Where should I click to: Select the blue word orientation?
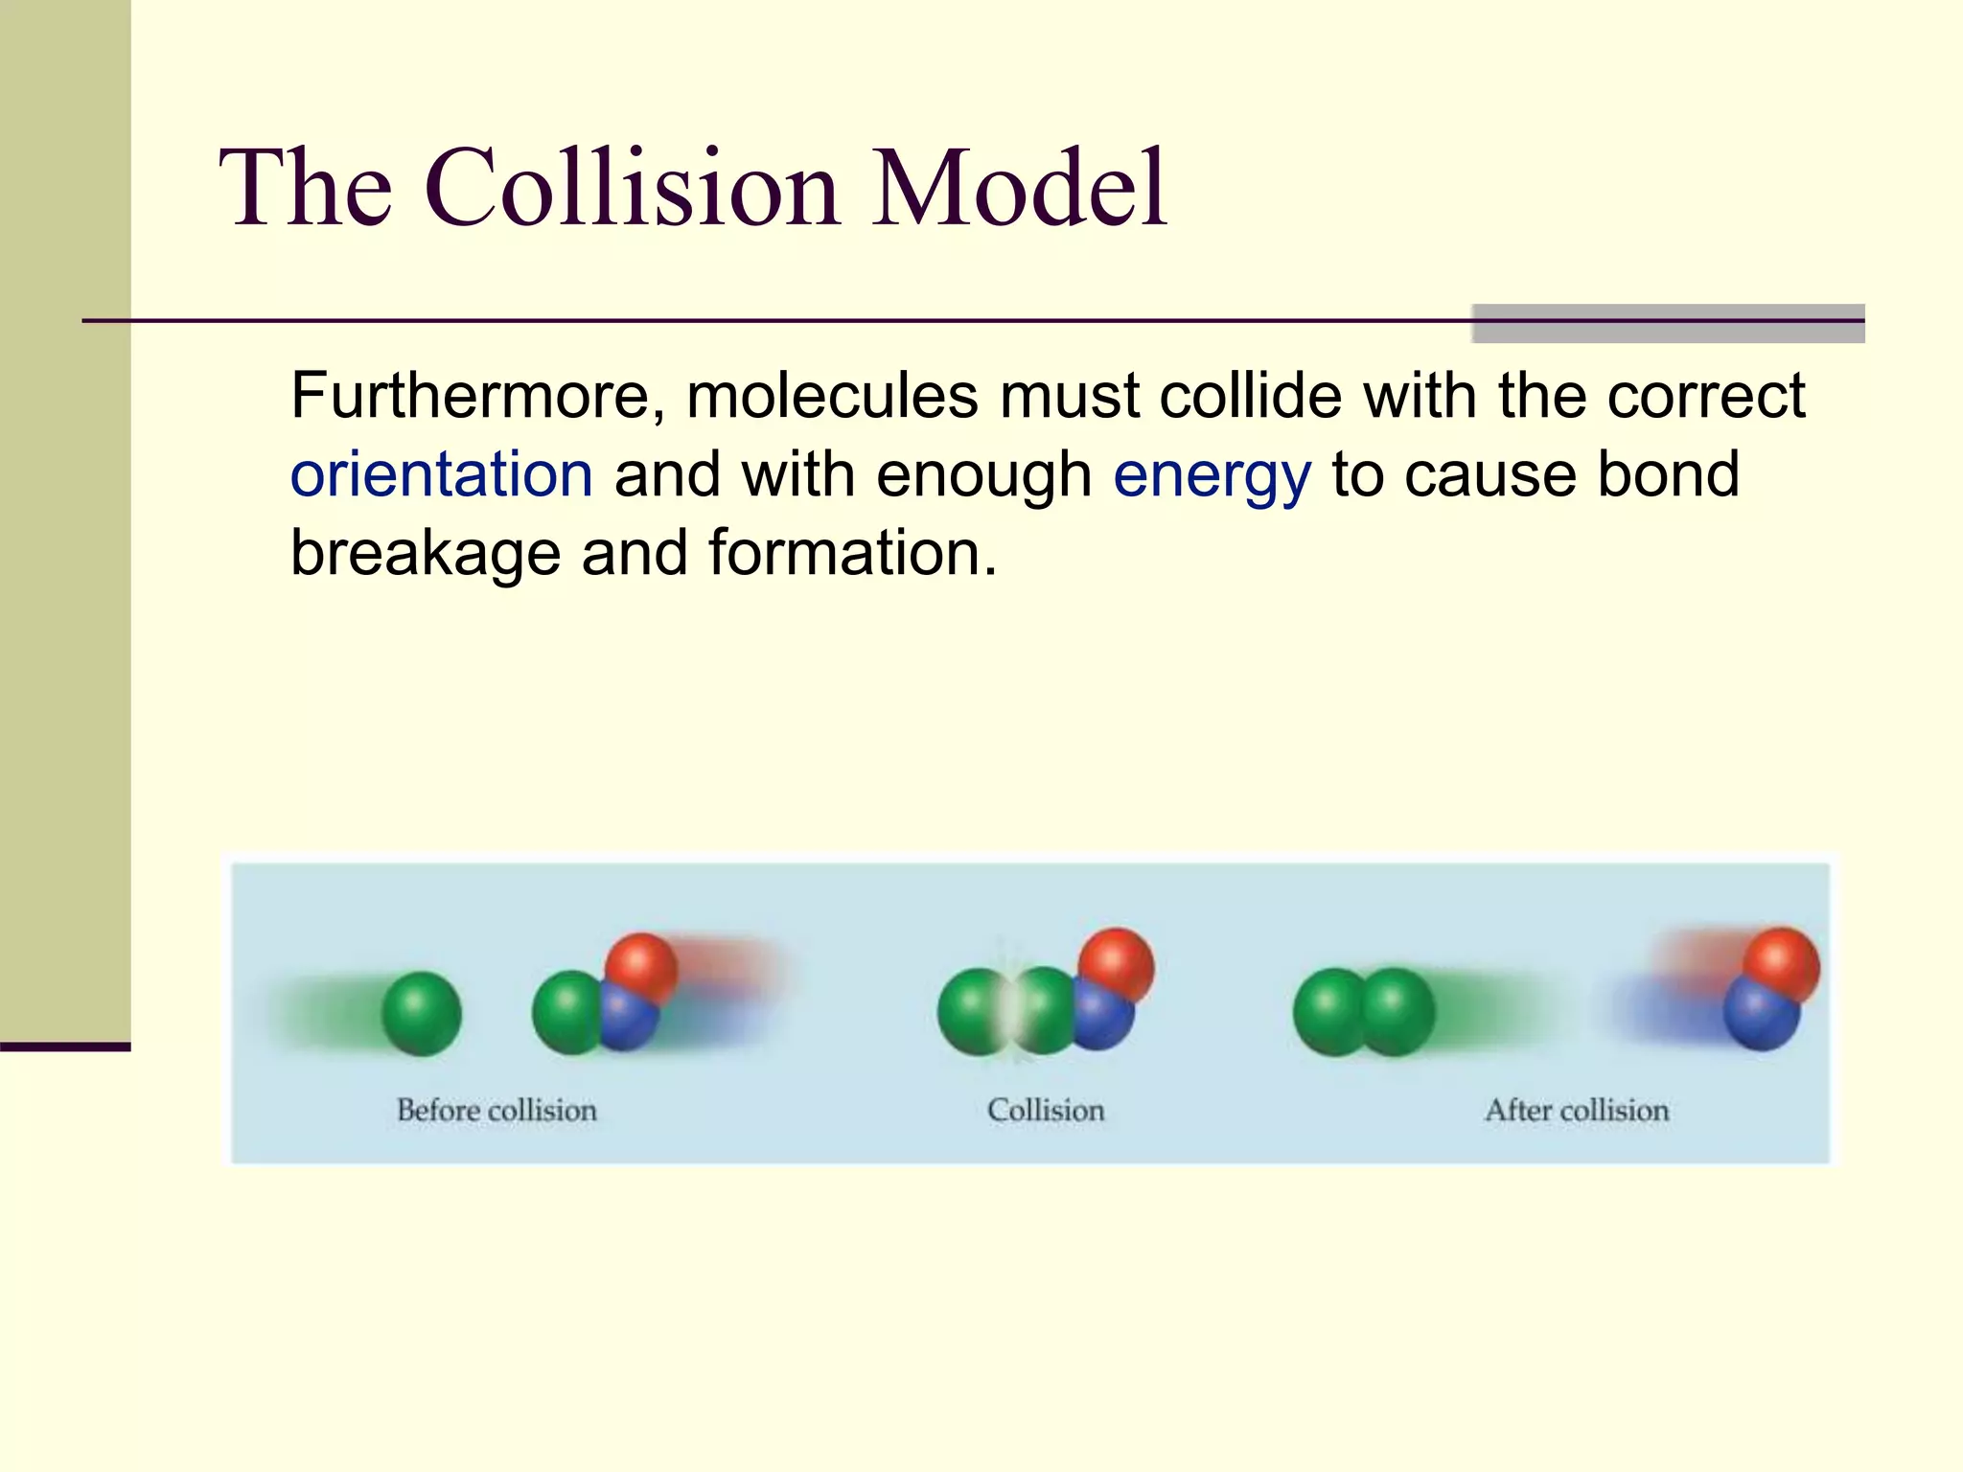[x=442, y=474]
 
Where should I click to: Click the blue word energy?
[x=1212, y=476]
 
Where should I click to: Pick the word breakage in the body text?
[x=426, y=555]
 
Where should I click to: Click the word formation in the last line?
[x=852, y=553]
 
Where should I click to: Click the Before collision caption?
[x=497, y=1111]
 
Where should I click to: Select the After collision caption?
[x=1577, y=1111]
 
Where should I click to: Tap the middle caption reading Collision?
[x=1046, y=1111]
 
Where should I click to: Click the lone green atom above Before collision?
[x=422, y=1013]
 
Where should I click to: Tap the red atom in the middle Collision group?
[x=1116, y=962]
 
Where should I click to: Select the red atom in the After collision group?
[x=1781, y=962]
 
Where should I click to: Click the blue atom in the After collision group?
[x=1759, y=1016]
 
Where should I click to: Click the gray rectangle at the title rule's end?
[x=1668, y=323]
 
